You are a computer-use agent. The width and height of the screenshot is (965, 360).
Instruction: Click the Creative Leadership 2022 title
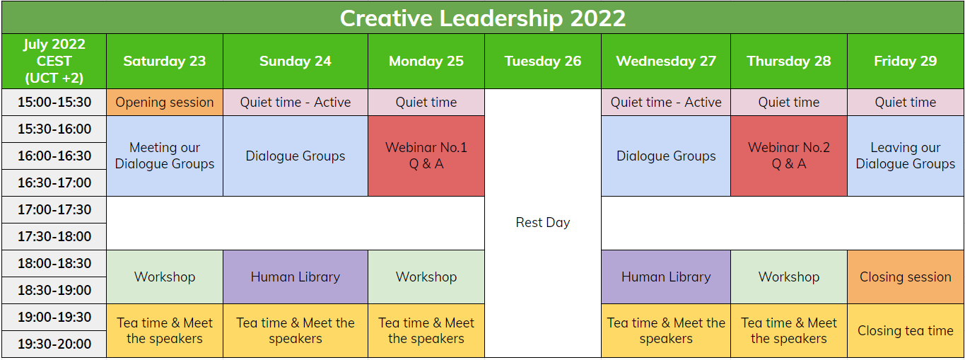(482, 18)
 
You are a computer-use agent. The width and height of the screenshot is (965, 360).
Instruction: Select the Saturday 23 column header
(164, 61)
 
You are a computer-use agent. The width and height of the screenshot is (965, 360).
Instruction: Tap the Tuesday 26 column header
(542, 61)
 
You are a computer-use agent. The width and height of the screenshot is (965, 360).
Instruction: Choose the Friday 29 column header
(905, 61)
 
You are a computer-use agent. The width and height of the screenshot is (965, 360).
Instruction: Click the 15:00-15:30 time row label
(54, 102)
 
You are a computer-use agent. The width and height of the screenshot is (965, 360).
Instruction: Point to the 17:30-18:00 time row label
(54, 236)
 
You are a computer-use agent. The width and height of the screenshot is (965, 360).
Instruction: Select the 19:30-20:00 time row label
(54, 344)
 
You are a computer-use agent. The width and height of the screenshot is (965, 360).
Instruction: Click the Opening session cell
(164, 102)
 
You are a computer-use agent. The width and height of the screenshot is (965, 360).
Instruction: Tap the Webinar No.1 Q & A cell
(426, 156)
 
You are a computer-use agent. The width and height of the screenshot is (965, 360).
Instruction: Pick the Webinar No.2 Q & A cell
(788, 156)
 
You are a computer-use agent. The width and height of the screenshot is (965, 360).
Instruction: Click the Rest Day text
(542, 222)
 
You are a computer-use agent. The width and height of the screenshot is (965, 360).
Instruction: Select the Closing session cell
(905, 277)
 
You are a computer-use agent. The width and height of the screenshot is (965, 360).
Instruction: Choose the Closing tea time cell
(905, 330)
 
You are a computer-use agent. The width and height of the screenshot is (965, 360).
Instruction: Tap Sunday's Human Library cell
(295, 277)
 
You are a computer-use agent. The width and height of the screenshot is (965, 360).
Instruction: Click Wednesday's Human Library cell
(665, 277)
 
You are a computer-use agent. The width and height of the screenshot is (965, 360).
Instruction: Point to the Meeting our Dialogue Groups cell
(164, 156)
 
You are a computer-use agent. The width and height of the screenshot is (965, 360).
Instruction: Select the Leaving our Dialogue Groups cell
(905, 156)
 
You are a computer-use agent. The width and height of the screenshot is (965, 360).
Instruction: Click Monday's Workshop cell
(426, 277)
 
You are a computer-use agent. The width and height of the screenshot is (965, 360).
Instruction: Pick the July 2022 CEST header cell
(54, 61)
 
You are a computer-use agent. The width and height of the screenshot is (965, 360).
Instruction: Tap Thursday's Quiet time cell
(788, 102)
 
